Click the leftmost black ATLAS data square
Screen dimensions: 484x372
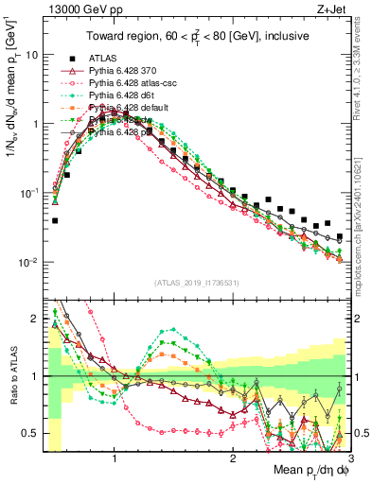55,220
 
